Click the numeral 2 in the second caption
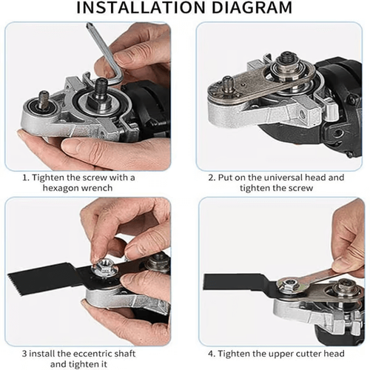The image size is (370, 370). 212,178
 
